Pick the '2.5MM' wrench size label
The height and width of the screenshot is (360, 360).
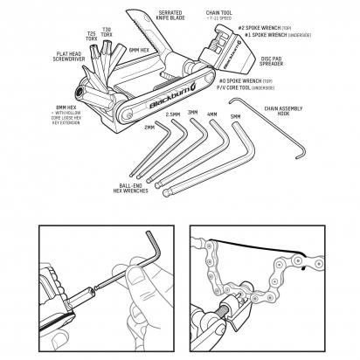(x=173, y=114)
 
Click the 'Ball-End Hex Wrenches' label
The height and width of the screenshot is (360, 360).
(x=130, y=190)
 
